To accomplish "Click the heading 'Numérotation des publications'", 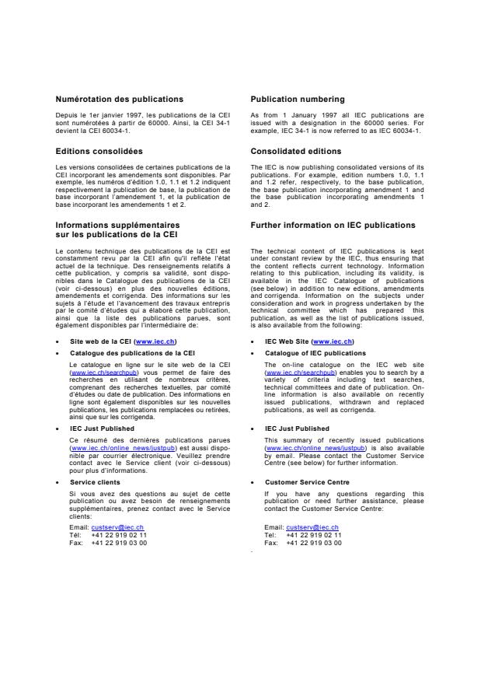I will (120, 99).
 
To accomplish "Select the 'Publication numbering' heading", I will (298, 99).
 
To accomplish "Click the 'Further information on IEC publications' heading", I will (333, 225).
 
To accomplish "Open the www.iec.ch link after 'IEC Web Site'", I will (333, 341).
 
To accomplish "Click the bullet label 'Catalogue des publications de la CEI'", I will (132, 352).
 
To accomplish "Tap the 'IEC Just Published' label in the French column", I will (102, 428).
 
